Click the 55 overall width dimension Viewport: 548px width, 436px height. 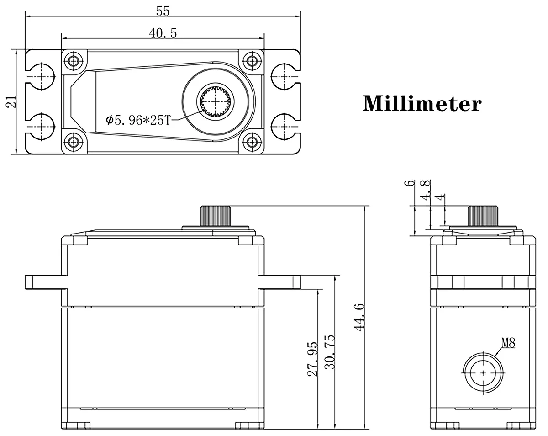163,11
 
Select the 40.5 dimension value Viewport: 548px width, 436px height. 163,33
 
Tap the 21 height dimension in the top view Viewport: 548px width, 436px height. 11,101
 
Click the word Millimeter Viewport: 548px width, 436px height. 422,104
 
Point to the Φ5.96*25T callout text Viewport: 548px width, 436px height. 138,120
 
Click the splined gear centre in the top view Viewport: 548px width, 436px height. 216,101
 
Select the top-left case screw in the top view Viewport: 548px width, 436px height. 74,61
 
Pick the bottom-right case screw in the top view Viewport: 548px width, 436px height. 252,142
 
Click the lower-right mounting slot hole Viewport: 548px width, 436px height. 284,127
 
